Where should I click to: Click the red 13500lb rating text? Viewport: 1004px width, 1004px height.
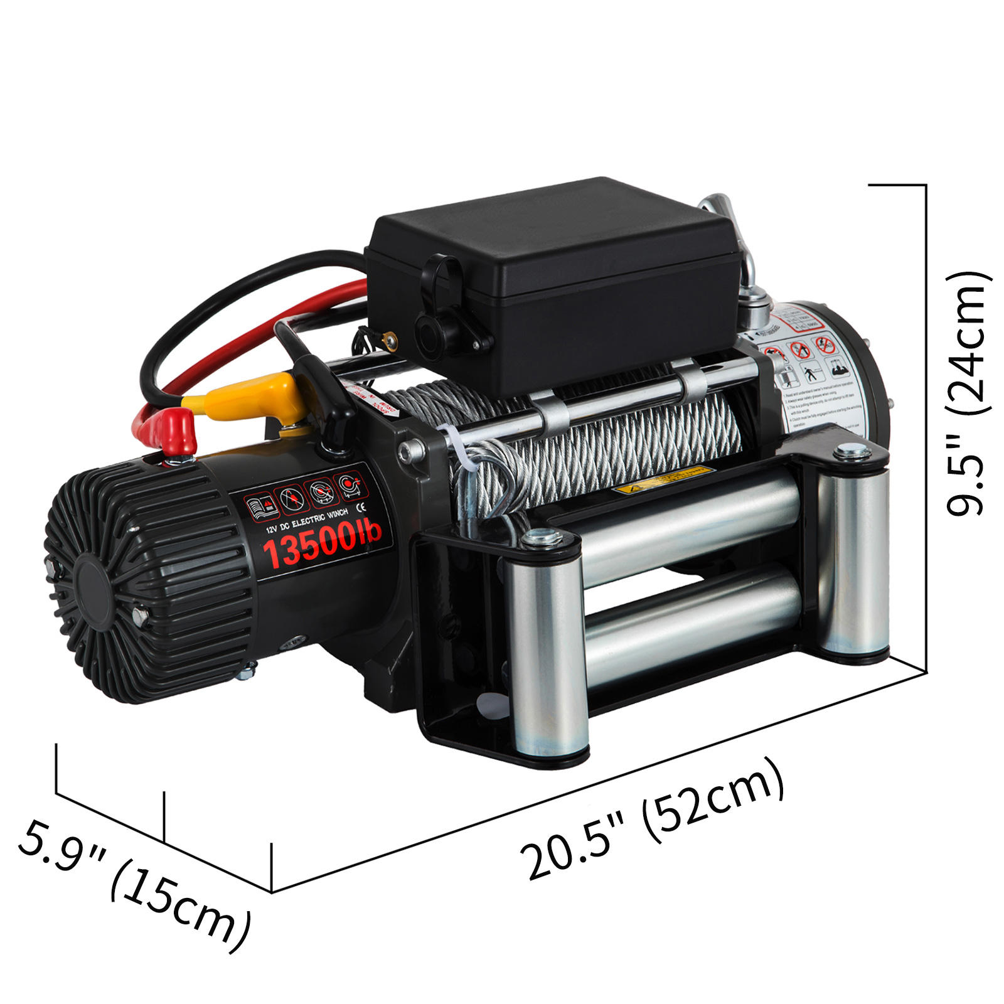pyautogui.click(x=321, y=542)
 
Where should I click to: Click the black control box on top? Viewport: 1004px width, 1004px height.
pyautogui.click(x=552, y=276)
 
